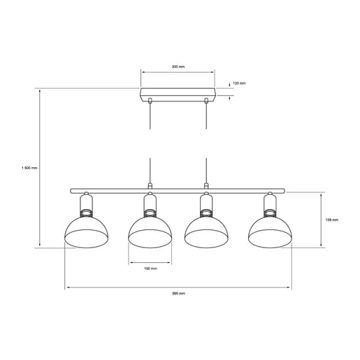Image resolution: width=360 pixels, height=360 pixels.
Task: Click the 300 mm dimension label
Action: tap(178, 67)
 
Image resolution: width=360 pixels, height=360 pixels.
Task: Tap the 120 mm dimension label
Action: tap(239, 83)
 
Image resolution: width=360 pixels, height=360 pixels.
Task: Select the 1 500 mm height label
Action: tap(29, 168)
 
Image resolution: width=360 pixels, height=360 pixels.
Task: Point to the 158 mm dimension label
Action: tap(331, 219)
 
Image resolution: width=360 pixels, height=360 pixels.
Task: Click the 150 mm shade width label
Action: tap(150, 268)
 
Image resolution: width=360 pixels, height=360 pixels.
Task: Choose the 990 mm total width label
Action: tap(178, 294)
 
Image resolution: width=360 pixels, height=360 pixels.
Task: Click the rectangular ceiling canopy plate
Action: tap(178, 95)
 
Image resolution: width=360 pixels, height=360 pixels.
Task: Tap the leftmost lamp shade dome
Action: tap(86, 232)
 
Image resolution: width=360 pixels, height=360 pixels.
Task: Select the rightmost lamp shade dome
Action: tap(271, 232)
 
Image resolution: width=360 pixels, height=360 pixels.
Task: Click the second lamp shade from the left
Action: tap(150, 232)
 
